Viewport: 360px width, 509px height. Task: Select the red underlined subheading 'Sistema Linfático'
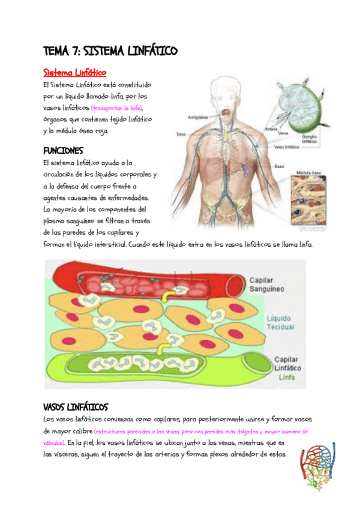pos(74,73)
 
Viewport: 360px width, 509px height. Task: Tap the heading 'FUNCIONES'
pos(63,150)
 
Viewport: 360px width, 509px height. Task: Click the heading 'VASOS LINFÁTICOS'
pos(76,407)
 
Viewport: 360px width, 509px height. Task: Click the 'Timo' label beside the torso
pos(181,134)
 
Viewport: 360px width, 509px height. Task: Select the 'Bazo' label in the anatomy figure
pos(280,165)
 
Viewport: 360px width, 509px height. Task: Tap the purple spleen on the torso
pos(247,169)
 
